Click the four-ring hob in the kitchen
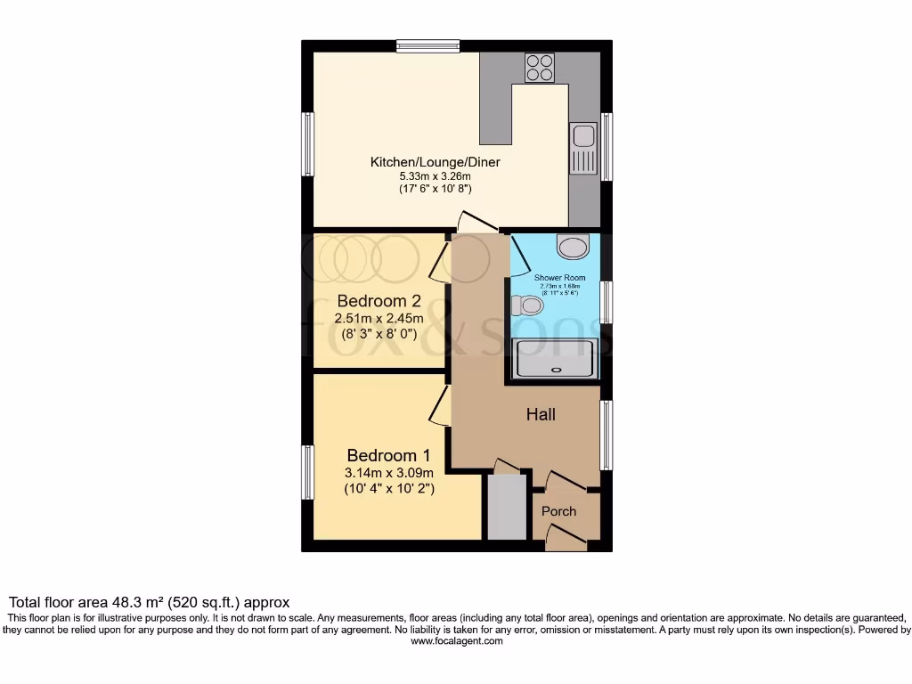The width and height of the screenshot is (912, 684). pyautogui.click(x=540, y=68)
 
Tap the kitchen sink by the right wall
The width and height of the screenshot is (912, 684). pyautogui.click(x=584, y=147)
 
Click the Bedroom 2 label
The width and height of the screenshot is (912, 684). pyautogui.click(x=379, y=301)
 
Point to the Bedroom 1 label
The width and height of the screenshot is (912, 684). pyautogui.click(x=389, y=453)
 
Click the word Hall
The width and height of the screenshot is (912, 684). pyautogui.click(x=541, y=414)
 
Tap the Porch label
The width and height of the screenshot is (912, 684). pyautogui.click(x=558, y=511)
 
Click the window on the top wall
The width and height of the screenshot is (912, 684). pyautogui.click(x=428, y=45)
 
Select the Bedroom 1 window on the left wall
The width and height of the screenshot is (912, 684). pyautogui.click(x=307, y=472)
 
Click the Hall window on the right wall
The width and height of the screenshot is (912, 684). pyautogui.click(x=606, y=434)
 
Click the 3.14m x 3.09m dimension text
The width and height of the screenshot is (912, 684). pyautogui.click(x=389, y=473)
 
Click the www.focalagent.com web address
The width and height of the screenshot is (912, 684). pyautogui.click(x=456, y=641)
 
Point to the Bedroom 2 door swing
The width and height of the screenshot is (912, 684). pyautogui.click(x=439, y=258)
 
